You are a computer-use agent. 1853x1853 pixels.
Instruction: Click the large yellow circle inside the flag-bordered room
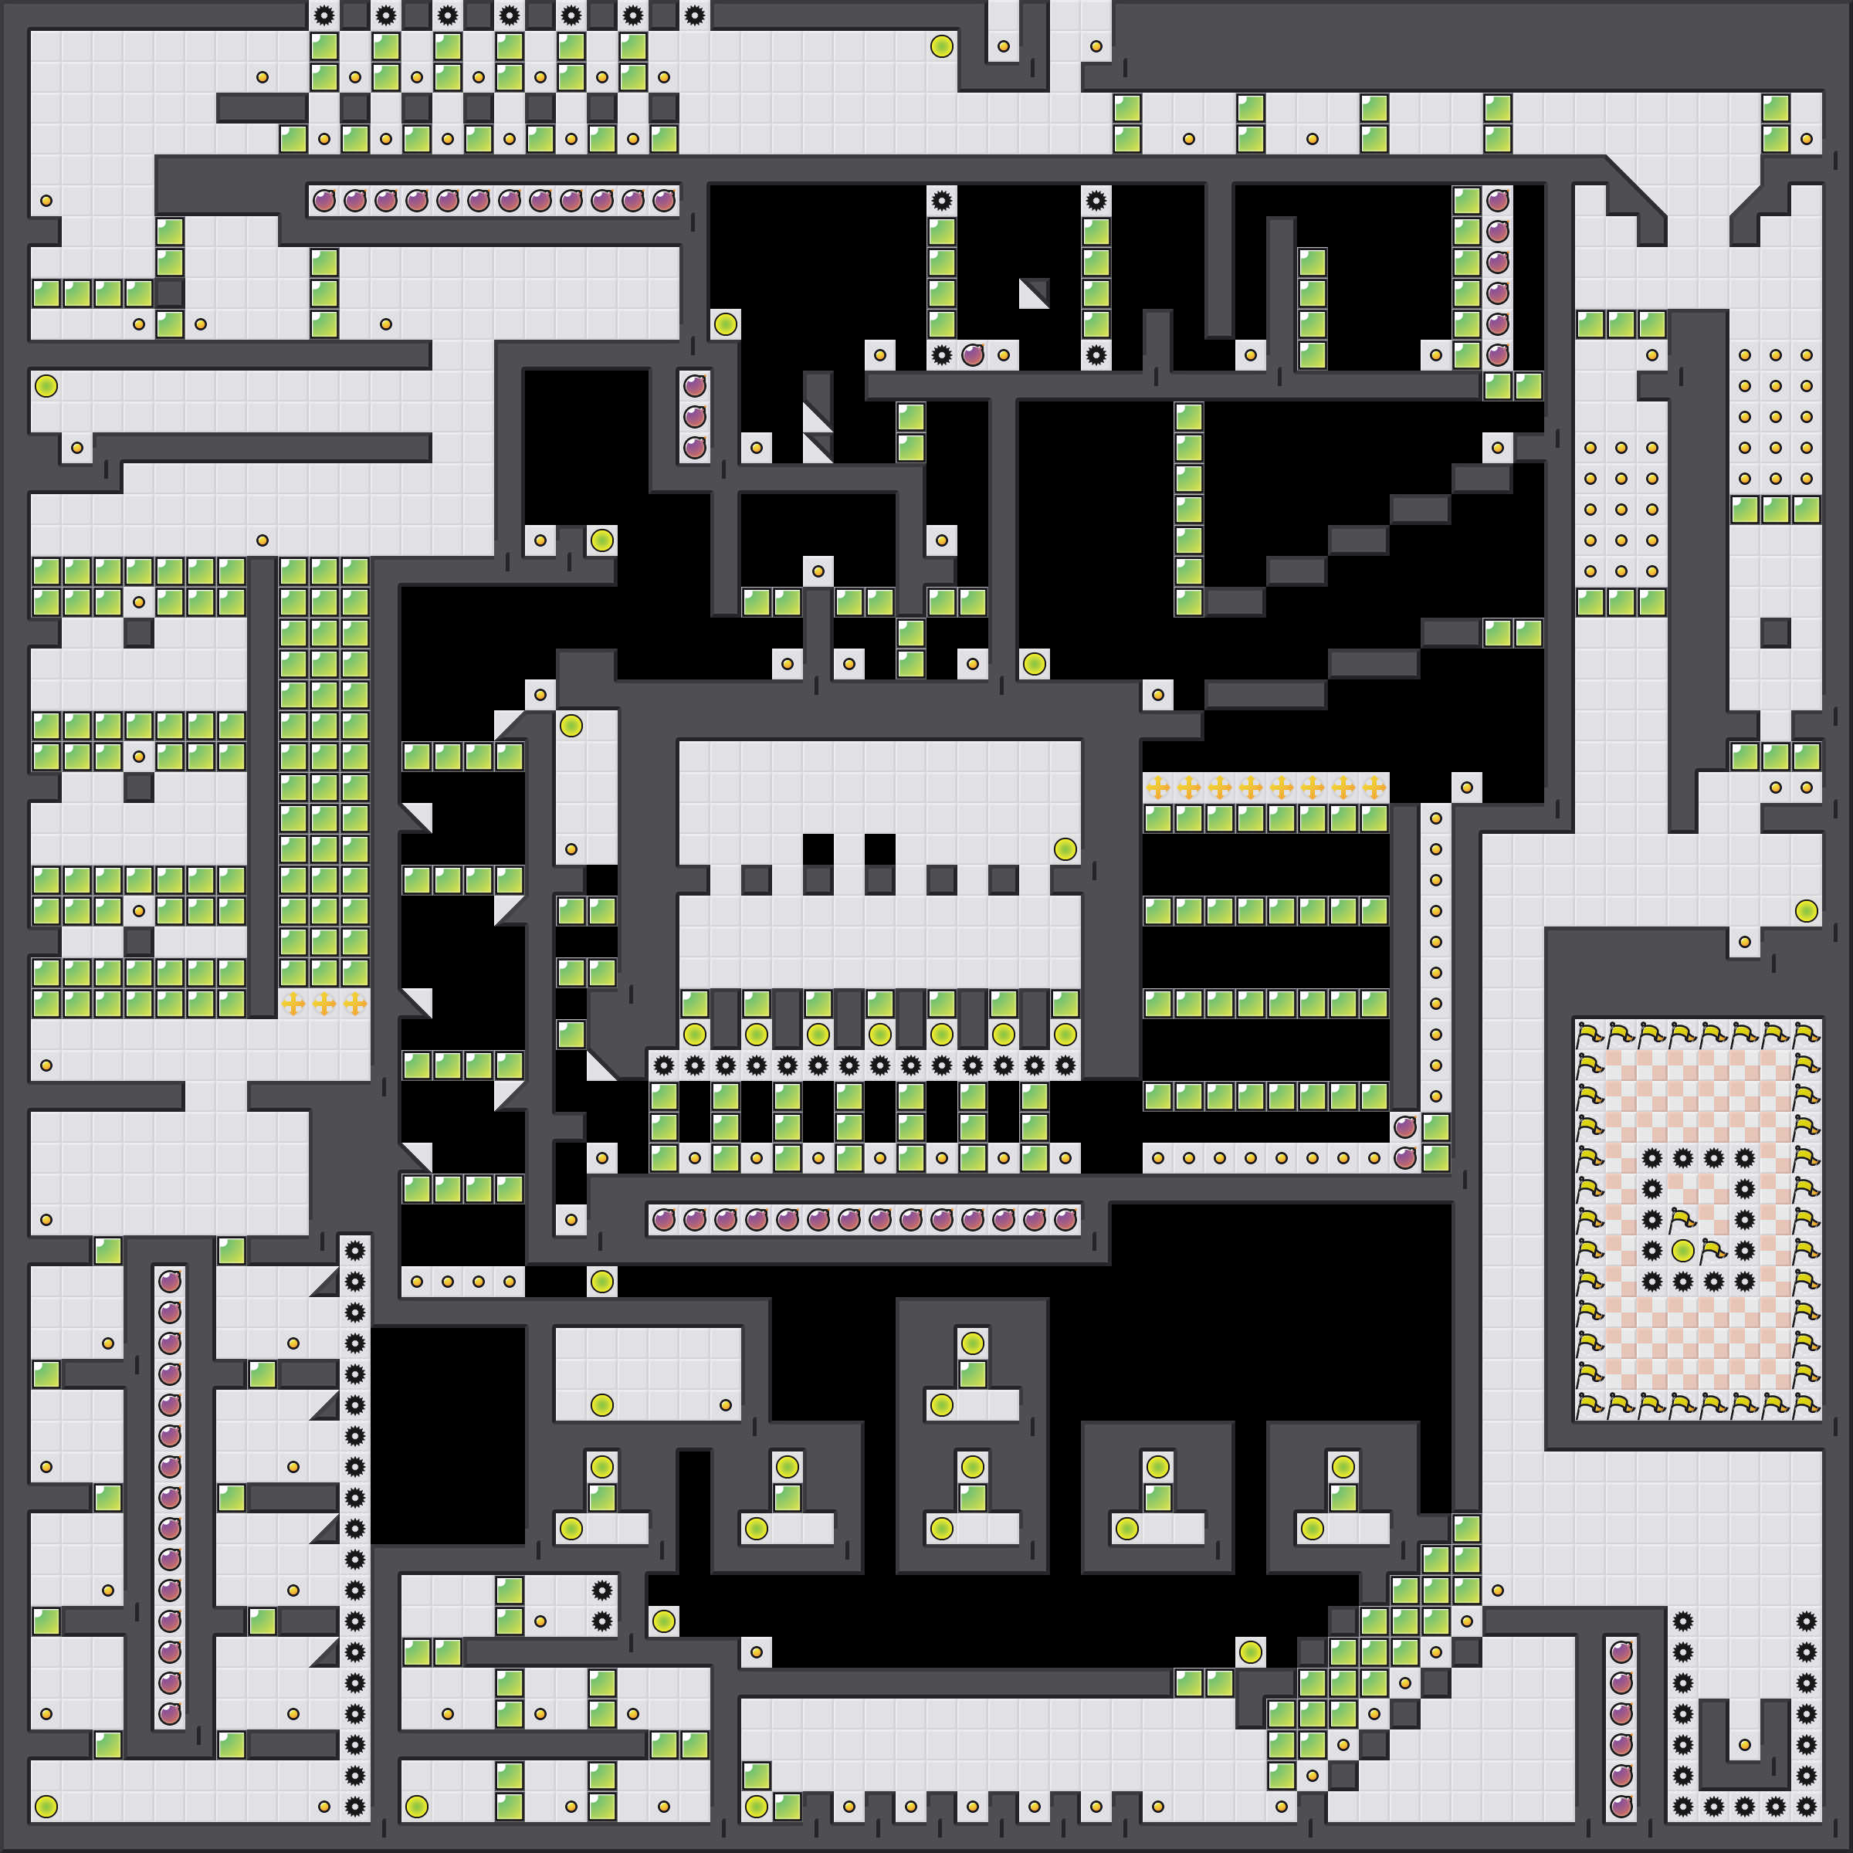pos(1682,1251)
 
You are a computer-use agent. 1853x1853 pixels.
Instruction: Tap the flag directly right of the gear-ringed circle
pos(1714,1251)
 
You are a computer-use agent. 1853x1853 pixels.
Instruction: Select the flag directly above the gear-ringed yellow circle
pos(1682,1219)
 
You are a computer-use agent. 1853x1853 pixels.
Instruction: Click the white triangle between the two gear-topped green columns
pos(1034,293)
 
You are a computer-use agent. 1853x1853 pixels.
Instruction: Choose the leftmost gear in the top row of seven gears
pos(324,15)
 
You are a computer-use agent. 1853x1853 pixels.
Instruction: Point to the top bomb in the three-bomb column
pos(694,385)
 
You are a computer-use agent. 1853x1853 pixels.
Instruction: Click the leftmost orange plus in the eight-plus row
pos(1157,788)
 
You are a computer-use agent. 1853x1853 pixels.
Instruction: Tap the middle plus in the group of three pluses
pos(324,1003)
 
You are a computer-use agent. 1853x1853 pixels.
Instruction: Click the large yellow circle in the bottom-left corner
pos(46,1806)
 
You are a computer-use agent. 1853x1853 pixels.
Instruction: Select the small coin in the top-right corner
pos(1806,139)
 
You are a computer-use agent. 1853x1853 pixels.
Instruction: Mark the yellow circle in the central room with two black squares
pos(1065,849)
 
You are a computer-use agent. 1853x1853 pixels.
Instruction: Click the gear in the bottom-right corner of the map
pos(1806,1806)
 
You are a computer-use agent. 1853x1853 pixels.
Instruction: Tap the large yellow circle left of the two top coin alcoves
pos(942,46)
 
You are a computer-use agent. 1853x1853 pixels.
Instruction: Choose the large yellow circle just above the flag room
pos(1806,910)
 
